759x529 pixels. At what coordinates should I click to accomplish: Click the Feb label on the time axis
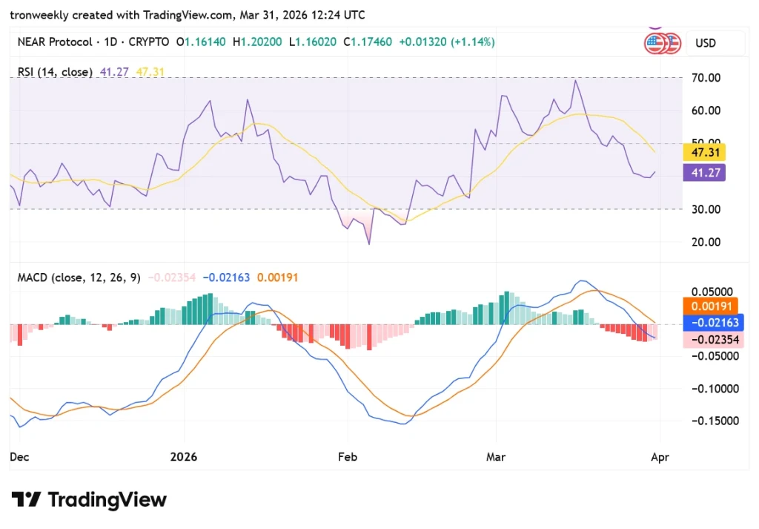[x=348, y=457]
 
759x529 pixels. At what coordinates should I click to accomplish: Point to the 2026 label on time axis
[x=183, y=457]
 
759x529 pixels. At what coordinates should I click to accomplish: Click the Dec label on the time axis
[x=19, y=457]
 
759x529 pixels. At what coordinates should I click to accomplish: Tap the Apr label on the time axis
[x=660, y=457]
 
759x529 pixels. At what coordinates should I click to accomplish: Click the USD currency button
[x=706, y=43]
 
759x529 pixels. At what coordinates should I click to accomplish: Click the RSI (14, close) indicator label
[x=55, y=72]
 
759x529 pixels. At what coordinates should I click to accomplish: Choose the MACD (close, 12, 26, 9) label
[x=79, y=277]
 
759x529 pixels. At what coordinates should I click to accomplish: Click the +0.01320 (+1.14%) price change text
[x=446, y=42]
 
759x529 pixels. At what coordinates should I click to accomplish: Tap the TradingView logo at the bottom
[x=89, y=499]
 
